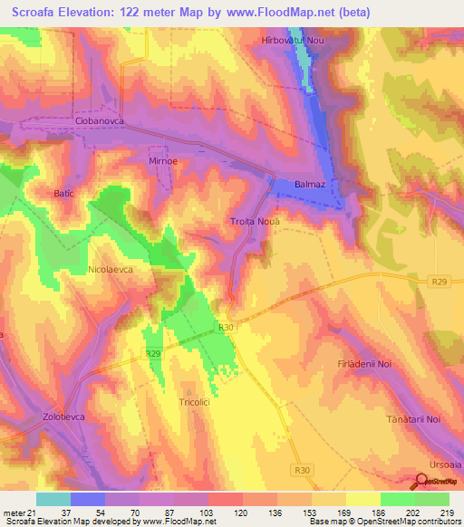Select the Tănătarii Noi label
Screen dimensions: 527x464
coord(413,419)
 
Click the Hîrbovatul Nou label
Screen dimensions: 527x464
coord(292,41)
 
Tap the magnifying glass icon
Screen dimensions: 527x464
coord(421,482)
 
